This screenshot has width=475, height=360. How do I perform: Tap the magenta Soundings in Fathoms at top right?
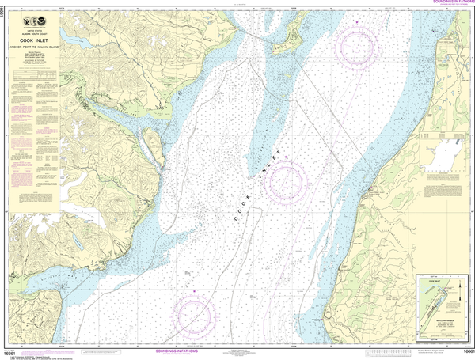(x=448, y=3)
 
